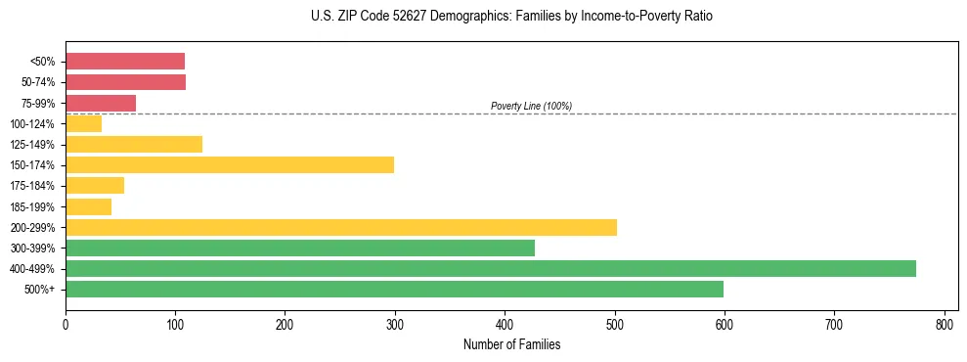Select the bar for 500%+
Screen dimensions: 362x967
tap(394, 289)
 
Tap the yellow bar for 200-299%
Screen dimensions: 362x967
tap(340, 227)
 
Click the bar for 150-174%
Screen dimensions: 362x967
tap(230, 164)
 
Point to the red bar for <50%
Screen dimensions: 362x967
tap(125, 61)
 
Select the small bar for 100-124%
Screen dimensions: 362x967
tap(83, 123)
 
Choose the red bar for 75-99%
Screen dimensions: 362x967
tap(101, 103)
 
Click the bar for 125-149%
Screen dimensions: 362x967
tap(134, 144)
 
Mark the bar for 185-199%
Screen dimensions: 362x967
tap(88, 206)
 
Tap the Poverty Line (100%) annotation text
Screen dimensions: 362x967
tap(531, 106)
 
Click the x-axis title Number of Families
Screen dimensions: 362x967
tap(511, 344)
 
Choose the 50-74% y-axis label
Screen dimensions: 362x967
tap(38, 82)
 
